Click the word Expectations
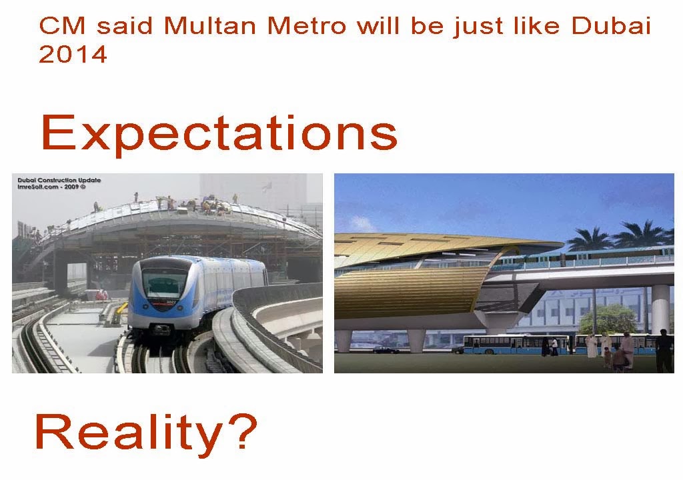click(219, 133)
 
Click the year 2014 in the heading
click(73, 55)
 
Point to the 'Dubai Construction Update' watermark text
click(59, 180)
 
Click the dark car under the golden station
click(386, 349)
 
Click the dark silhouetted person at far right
click(664, 351)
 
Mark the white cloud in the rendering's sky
click(361, 224)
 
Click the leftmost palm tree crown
click(589, 238)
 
